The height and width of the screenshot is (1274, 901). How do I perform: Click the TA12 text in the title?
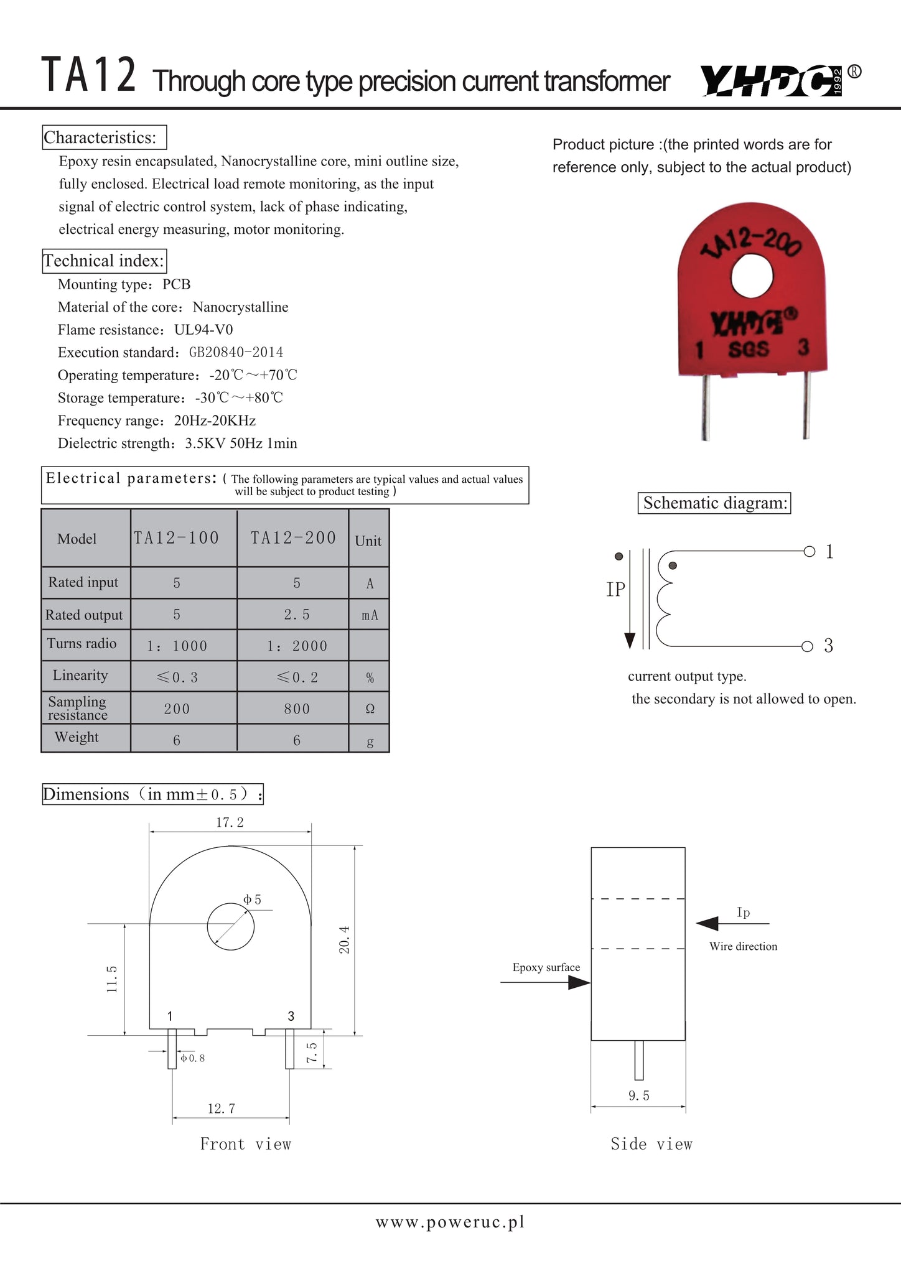(x=88, y=76)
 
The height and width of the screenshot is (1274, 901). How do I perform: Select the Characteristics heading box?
(x=104, y=137)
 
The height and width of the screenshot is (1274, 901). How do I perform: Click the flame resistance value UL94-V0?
(x=203, y=330)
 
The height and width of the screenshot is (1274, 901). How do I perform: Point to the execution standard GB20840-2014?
(x=236, y=353)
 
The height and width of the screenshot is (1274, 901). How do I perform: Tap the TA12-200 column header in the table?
(x=293, y=538)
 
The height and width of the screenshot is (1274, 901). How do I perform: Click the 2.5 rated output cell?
(x=296, y=615)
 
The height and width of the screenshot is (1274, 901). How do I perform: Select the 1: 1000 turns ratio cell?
(x=177, y=646)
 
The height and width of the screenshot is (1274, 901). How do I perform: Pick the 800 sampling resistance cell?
(x=296, y=709)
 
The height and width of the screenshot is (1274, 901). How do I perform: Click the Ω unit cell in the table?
(x=370, y=709)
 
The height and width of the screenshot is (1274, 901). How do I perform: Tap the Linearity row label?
(x=80, y=676)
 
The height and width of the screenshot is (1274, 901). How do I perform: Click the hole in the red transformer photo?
(x=752, y=277)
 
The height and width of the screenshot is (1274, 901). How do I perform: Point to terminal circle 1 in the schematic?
(x=809, y=551)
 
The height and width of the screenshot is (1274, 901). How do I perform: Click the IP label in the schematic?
(x=615, y=590)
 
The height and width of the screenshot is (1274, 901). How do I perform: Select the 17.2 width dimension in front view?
(x=230, y=822)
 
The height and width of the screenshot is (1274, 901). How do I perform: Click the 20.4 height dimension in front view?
(x=345, y=939)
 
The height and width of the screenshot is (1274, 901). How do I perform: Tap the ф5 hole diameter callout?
(x=253, y=900)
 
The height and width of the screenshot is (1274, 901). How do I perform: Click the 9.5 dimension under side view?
(x=638, y=1096)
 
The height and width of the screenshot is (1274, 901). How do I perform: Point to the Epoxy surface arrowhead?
(x=579, y=983)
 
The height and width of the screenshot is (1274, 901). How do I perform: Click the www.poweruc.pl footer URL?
(x=450, y=1222)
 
